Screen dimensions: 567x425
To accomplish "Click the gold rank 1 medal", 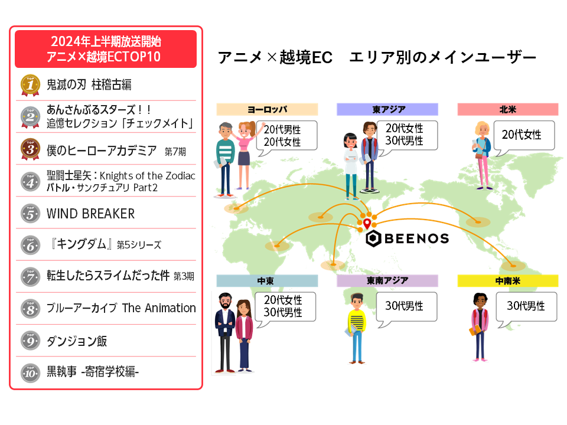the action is point(30,85).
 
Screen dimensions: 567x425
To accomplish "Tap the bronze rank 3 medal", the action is point(30,149).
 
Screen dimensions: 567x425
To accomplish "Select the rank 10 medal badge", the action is point(30,372).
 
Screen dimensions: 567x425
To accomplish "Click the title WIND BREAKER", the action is point(90,214).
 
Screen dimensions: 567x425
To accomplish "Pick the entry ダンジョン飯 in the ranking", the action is point(77,341).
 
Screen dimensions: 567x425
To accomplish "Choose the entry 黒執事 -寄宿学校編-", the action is point(93,371).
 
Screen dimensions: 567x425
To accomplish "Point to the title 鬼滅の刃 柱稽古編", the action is point(89,84).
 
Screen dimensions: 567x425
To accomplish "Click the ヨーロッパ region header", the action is point(267,110).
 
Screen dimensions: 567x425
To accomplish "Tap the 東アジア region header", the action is point(387,110).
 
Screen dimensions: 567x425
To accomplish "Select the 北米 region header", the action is point(508,110).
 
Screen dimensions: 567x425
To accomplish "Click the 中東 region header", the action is point(267,281).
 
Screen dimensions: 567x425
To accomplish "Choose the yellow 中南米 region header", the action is point(508,281).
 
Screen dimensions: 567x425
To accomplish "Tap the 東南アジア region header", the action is point(387,281).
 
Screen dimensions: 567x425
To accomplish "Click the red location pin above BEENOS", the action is point(367,224).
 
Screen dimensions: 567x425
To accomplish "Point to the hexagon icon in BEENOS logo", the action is point(373,238).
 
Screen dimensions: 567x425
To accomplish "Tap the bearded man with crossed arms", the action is point(225,332).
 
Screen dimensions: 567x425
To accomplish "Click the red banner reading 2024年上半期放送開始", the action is point(106,49).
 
